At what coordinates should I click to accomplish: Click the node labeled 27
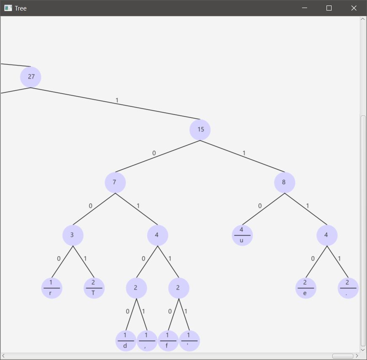(x=31, y=77)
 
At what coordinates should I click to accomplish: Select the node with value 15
(x=200, y=130)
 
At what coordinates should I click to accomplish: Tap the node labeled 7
(x=115, y=182)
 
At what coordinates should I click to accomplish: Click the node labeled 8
(x=284, y=182)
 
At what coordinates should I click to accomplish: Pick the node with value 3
(x=73, y=235)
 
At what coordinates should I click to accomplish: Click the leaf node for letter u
(x=242, y=235)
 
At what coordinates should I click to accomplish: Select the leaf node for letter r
(x=52, y=288)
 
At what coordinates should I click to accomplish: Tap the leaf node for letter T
(x=94, y=288)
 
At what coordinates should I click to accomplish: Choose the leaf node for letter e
(x=305, y=288)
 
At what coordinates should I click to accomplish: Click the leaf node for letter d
(x=126, y=341)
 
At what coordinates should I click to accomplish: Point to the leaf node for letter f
(x=168, y=341)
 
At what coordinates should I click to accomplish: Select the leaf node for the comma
(x=147, y=341)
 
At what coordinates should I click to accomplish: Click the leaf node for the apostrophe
(x=189, y=341)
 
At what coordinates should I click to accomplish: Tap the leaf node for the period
(x=348, y=288)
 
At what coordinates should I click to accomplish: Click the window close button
(x=354, y=8)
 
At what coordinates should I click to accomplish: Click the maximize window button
(x=329, y=8)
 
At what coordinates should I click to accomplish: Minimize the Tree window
(x=304, y=8)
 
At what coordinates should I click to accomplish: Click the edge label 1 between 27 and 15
(x=117, y=100)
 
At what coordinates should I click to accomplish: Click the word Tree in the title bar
(x=21, y=8)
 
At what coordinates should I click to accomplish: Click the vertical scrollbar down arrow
(x=363, y=349)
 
